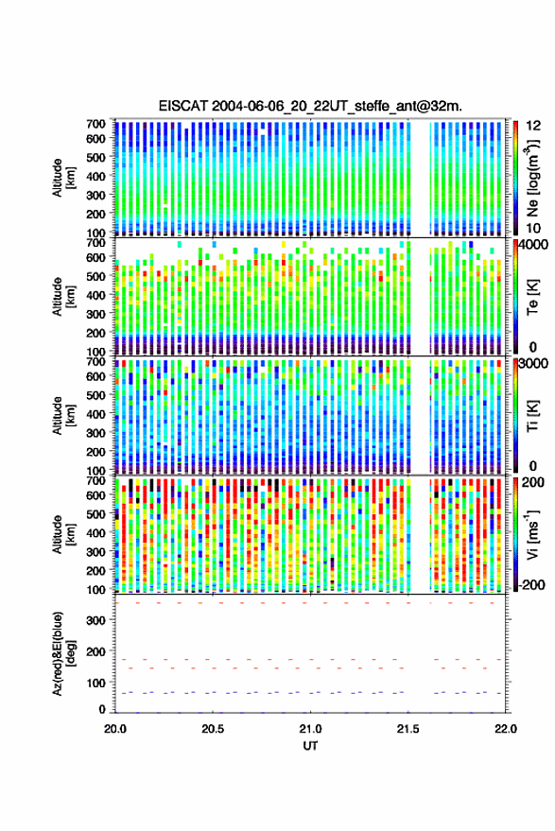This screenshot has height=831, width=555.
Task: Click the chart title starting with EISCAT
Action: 310,106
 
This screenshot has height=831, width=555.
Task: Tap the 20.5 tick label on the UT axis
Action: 213,729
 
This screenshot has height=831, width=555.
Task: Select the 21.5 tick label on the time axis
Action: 408,729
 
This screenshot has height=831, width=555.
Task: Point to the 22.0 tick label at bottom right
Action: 505,729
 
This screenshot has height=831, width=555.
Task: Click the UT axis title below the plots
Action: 310,746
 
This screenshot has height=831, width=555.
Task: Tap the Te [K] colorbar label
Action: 532,297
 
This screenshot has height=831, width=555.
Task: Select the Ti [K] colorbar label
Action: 532,416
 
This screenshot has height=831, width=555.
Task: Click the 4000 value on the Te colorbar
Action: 532,246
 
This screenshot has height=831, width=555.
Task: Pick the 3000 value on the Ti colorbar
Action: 532,364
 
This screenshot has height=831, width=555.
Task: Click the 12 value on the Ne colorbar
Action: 534,126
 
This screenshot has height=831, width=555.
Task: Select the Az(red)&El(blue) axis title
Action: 63,653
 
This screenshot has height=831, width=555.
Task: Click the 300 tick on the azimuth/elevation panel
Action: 95,620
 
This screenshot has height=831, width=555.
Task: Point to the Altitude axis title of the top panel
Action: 63,178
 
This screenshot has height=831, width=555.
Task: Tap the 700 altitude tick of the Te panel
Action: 95,243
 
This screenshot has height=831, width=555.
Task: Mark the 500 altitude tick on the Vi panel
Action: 95,514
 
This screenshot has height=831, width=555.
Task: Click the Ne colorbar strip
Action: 515,178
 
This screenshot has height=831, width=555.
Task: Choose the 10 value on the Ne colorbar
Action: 534,229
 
